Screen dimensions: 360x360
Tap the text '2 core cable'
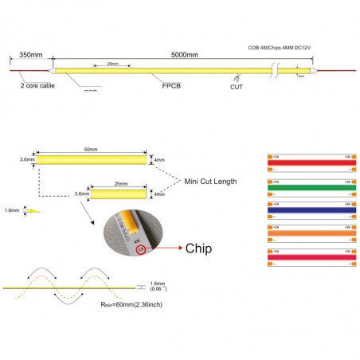37,84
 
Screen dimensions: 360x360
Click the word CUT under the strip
237,87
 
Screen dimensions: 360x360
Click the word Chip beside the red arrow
199,247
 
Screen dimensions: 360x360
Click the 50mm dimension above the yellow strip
92,150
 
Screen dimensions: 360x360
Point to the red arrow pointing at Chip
164,248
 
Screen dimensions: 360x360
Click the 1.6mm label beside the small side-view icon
10,211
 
